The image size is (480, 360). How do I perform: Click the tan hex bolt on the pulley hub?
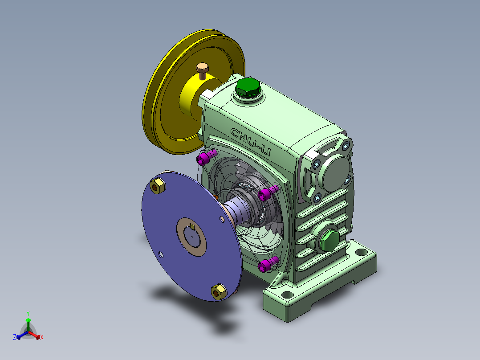click(203, 69)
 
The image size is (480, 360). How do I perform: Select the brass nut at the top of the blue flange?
click(157, 186)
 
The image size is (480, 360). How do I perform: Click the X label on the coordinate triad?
click(41, 337)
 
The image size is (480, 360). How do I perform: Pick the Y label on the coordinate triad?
click(28, 313)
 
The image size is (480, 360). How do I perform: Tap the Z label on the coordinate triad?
click(15, 337)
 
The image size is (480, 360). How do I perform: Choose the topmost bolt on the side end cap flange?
click(346, 146)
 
